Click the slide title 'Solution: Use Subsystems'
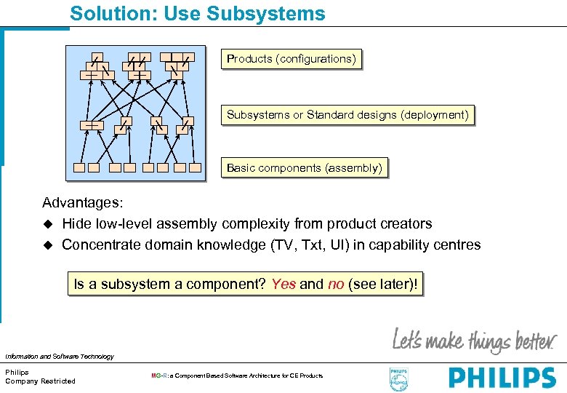(x=198, y=14)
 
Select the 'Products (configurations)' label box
(x=291, y=59)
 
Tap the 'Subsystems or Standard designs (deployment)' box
(x=347, y=115)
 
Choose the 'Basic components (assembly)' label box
(x=304, y=168)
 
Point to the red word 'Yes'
(x=283, y=284)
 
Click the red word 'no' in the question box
(x=336, y=284)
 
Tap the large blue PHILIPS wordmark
(x=502, y=378)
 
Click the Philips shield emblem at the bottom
(x=399, y=378)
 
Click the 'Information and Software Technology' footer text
(x=59, y=357)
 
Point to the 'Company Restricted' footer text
(x=40, y=381)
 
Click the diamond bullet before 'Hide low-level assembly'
(x=49, y=224)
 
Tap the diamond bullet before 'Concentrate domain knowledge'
(x=49, y=245)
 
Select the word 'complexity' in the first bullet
(x=255, y=224)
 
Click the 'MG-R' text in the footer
(x=159, y=376)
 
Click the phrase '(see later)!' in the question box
(x=383, y=284)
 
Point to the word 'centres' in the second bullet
(x=456, y=245)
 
